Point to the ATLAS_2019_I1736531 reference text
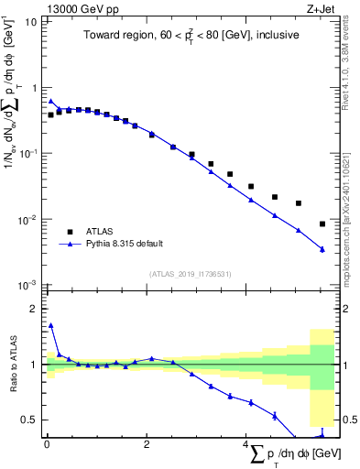point(191,274)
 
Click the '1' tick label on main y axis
point(35,88)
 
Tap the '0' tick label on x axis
point(46,446)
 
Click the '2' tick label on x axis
point(147,446)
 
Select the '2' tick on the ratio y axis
point(35,309)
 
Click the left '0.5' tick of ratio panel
point(30,420)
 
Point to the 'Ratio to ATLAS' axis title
point(12,365)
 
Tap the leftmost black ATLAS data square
point(50,115)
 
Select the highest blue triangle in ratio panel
point(50,324)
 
